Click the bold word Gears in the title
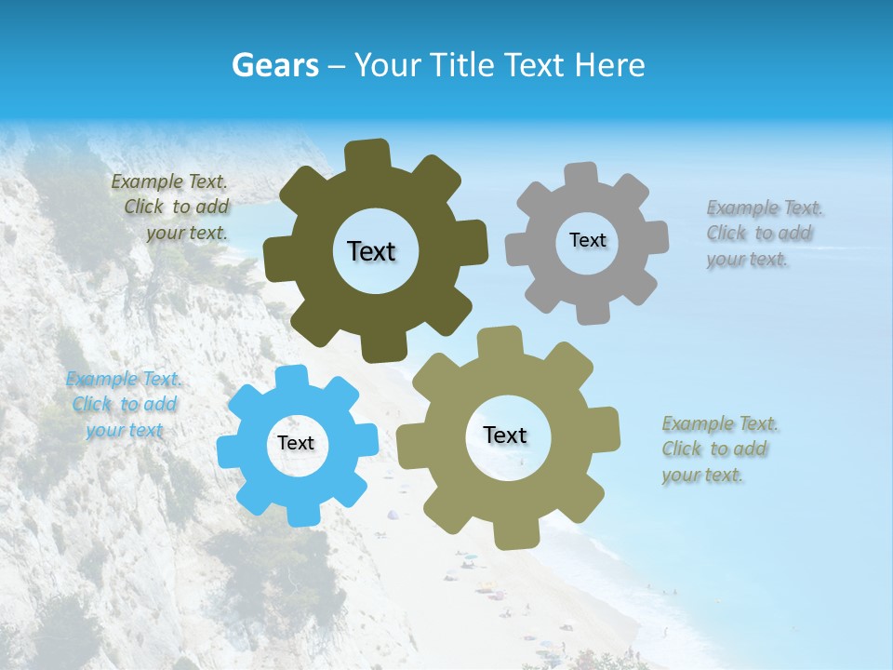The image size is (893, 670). tap(274, 65)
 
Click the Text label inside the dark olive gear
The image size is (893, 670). tap(371, 251)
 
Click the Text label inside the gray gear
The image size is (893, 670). tap(587, 240)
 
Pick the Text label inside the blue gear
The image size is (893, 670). tap(296, 443)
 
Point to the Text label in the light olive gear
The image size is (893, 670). tap(505, 435)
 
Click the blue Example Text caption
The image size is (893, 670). tap(124, 405)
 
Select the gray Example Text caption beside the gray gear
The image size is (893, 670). tap(765, 234)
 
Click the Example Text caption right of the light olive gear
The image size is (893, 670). tap(720, 449)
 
